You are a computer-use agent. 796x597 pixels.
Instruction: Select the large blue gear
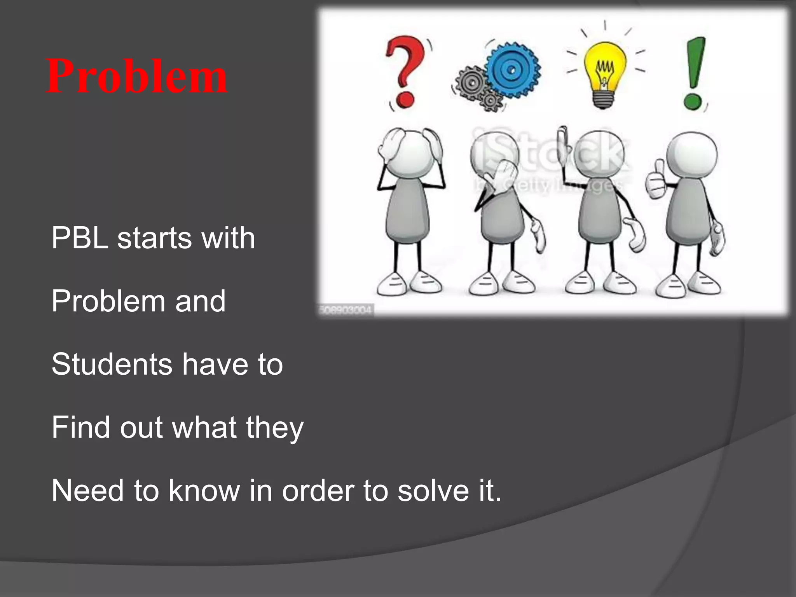pyautogui.click(x=512, y=70)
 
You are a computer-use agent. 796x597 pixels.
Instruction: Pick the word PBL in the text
pyautogui.click(x=80, y=238)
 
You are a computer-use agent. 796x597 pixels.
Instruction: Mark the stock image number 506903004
pyautogui.click(x=346, y=311)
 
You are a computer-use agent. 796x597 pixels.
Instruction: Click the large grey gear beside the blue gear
pyautogui.click(x=471, y=83)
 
